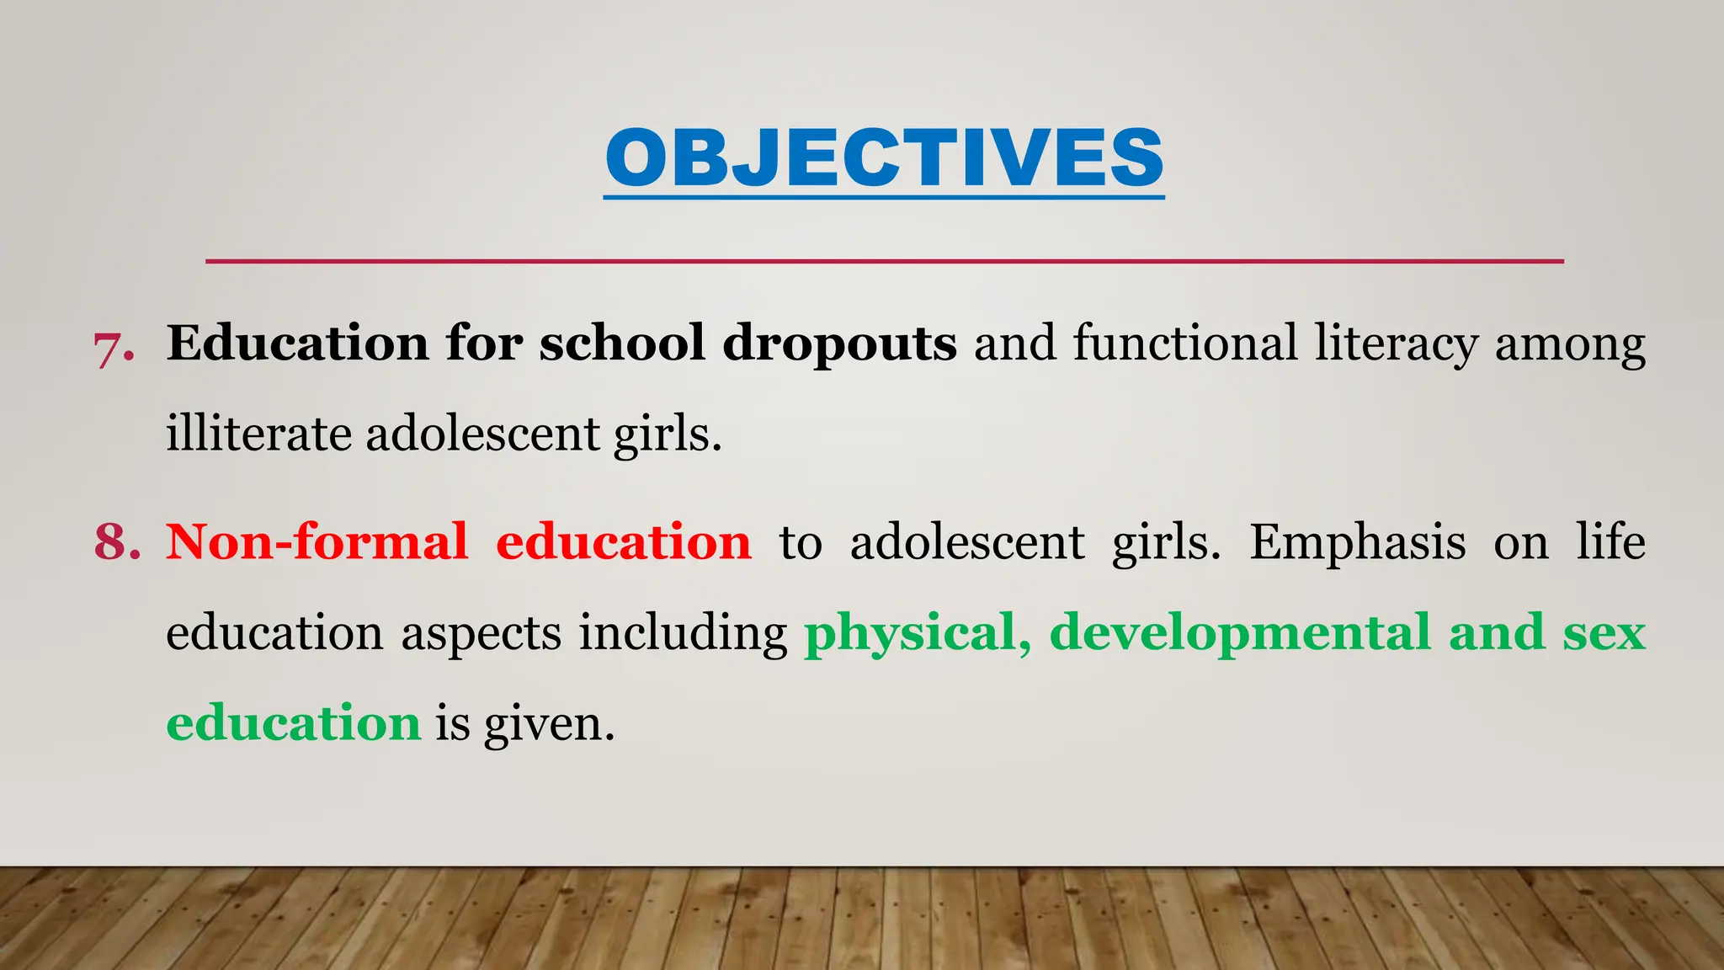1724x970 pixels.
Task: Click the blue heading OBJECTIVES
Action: pyautogui.click(x=884, y=158)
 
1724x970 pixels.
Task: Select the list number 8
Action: pyautogui.click(x=117, y=541)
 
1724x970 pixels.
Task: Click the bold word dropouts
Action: pyautogui.click(x=839, y=344)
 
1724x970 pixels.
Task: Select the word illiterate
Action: pyautogui.click(x=258, y=434)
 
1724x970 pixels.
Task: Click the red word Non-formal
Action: pyautogui.click(x=317, y=541)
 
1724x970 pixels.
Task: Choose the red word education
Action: pyautogui.click(x=623, y=541)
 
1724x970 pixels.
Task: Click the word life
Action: pyautogui.click(x=1610, y=541)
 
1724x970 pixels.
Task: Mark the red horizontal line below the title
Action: pyautogui.click(x=884, y=262)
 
